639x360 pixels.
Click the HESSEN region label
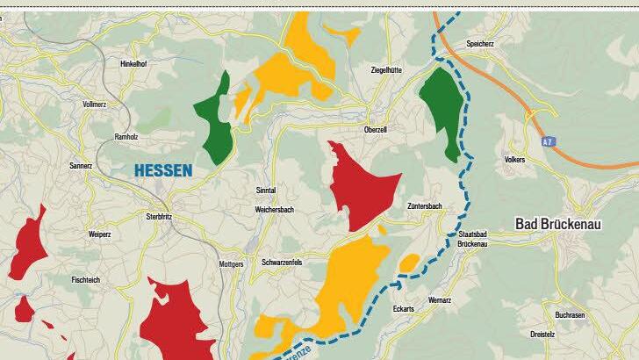pyautogui.click(x=162, y=171)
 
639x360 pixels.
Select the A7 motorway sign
pyautogui.click(x=547, y=140)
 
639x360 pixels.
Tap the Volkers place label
pyautogui.click(x=514, y=160)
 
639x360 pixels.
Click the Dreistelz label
pyautogui.click(x=568, y=335)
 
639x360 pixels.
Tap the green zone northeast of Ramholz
pyautogui.click(x=217, y=123)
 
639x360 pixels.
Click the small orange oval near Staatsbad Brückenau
pyautogui.click(x=409, y=262)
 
